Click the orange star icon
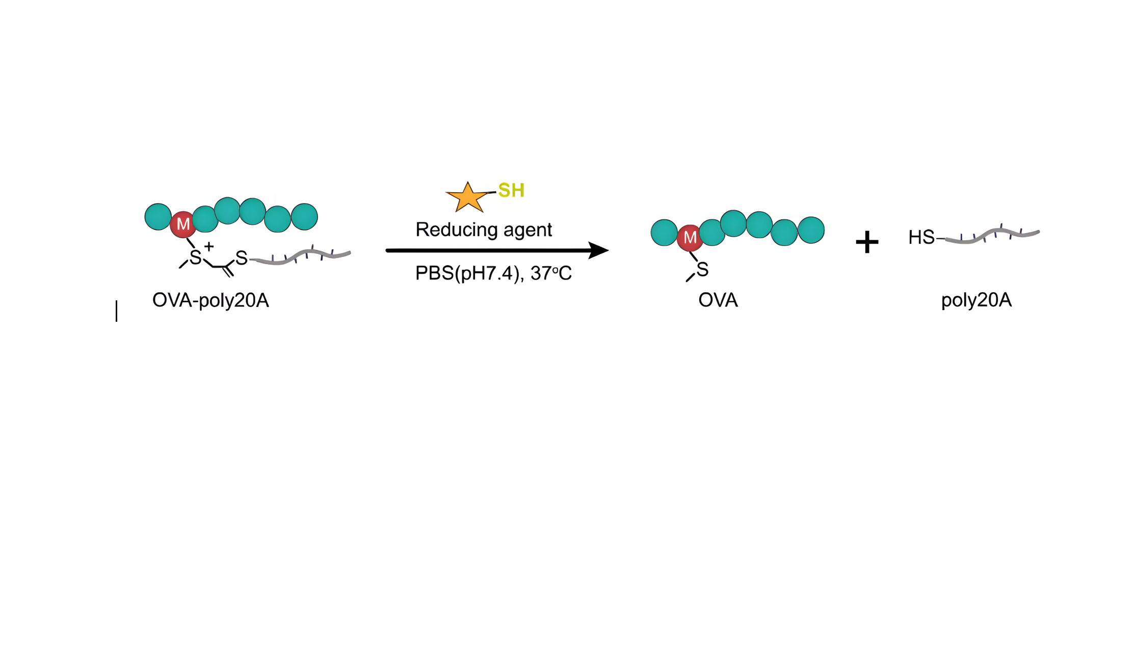[x=467, y=197]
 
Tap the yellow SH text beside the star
[x=511, y=191]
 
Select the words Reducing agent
[x=484, y=229]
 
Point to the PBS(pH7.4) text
[x=467, y=273]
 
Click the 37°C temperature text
[x=551, y=273]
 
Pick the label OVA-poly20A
[x=210, y=300]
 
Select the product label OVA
[x=718, y=300]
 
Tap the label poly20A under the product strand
[x=976, y=300]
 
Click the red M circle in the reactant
[x=183, y=224]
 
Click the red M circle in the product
[x=690, y=237]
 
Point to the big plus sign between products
[x=867, y=242]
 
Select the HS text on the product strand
[x=921, y=237]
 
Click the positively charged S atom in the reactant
[x=195, y=258]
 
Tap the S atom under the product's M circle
[x=702, y=269]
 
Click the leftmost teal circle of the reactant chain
[x=158, y=217]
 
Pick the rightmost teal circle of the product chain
[x=811, y=230]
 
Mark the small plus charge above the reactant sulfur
[x=208, y=247]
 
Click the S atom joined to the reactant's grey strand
[x=242, y=258]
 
